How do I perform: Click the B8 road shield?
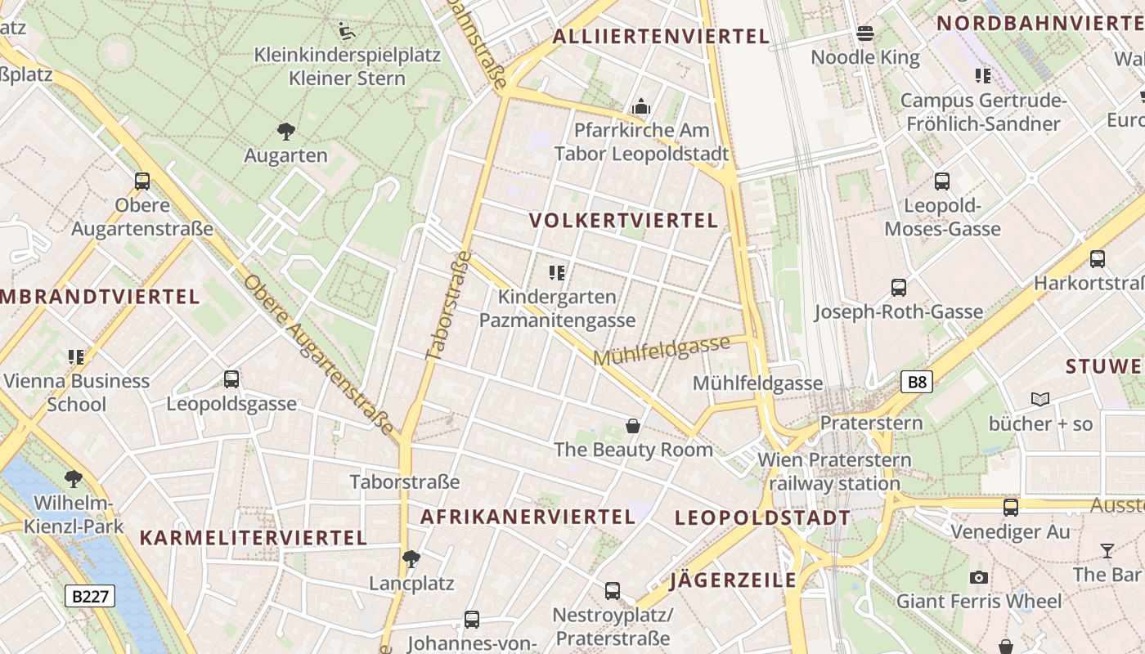pyautogui.click(x=918, y=382)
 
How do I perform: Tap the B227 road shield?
pyautogui.click(x=90, y=596)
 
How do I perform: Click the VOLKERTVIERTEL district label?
pyautogui.click(x=623, y=221)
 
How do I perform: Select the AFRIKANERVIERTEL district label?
pyautogui.click(x=528, y=517)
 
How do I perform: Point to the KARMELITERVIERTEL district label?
pyautogui.click(x=253, y=537)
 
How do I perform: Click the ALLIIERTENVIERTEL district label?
pyautogui.click(x=661, y=36)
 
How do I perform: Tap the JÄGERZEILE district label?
pyautogui.click(x=733, y=580)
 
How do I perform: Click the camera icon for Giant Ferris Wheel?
pyautogui.click(x=978, y=578)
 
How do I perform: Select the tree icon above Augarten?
pyautogui.click(x=285, y=131)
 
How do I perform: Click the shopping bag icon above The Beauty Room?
pyautogui.click(x=633, y=426)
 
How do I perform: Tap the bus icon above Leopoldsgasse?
pyautogui.click(x=231, y=379)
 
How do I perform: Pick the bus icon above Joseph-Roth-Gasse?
pyautogui.click(x=899, y=288)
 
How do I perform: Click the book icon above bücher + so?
pyautogui.click(x=1040, y=400)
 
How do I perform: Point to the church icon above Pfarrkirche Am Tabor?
pyautogui.click(x=641, y=106)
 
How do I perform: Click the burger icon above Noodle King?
pyautogui.click(x=865, y=34)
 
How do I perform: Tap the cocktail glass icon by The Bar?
pyautogui.click(x=1107, y=550)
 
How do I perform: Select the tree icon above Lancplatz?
pyautogui.click(x=411, y=559)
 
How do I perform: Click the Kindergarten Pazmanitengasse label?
pyautogui.click(x=557, y=308)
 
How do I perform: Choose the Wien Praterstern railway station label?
pyautogui.click(x=834, y=472)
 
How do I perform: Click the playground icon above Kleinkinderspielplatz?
pyautogui.click(x=347, y=31)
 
